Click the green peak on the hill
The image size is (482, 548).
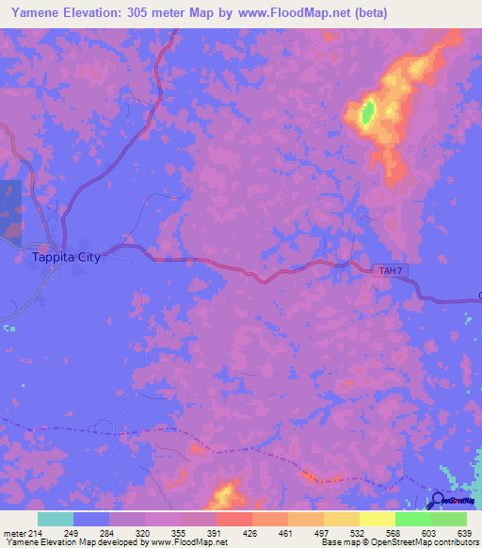[x=368, y=112]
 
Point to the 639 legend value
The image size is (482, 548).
[x=463, y=534]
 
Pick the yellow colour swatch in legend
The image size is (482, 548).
[x=377, y=519]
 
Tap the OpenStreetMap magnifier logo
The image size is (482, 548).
[x=439, y=500]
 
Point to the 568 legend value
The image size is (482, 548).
[x=392, y=534]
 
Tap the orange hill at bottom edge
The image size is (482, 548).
[x=224, y=493]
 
